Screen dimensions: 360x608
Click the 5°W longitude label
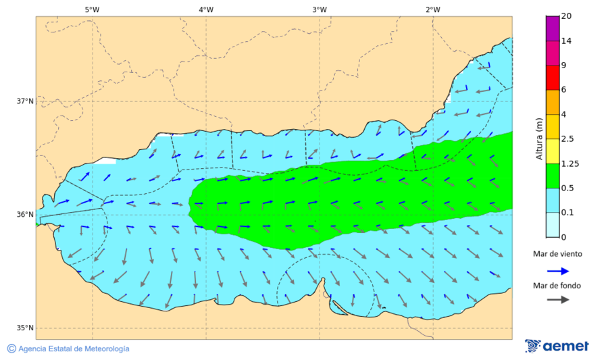coord(92,9)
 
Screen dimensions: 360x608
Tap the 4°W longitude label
coord(206,9)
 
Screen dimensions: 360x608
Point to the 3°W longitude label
coord(320,9)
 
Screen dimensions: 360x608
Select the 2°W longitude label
coord(433,9)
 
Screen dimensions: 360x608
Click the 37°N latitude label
coord(25,101)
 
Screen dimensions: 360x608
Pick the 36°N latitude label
coord(25,215)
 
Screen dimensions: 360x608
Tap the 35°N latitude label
coord(25,328)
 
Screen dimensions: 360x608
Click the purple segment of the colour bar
coord(553,28)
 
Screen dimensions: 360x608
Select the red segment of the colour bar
coord(553,78)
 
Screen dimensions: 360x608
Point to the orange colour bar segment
coord(553,102)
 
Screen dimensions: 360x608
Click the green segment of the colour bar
coord(553,176)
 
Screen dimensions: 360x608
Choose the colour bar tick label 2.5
coord(567,139)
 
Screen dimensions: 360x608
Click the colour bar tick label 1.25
coord(569,163)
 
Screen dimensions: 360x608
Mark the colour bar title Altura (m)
coord(539,138)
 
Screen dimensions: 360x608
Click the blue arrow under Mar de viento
coord(557,270)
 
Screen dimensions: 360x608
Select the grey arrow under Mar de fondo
coord(557,300)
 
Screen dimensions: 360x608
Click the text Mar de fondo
coord(557,286)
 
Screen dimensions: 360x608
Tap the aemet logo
coord(557,346)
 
